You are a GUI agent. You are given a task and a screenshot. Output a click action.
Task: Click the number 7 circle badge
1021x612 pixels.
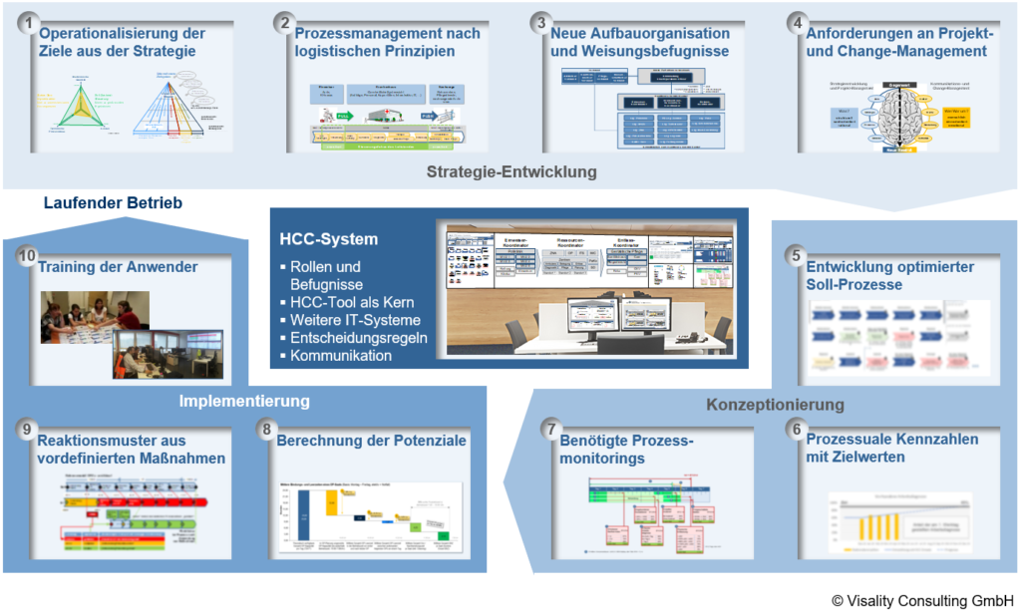coord(550,429)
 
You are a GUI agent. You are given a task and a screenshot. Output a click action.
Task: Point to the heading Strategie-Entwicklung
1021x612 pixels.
coord(511,171)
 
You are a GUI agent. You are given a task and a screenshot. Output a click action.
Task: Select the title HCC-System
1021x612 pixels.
coord(330,239)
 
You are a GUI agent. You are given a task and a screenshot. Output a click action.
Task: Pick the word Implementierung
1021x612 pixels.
coord(244,401)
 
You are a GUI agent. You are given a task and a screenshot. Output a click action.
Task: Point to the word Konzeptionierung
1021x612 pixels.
coord(776,405)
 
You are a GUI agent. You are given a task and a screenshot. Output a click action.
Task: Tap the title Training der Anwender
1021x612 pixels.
coord(118,266)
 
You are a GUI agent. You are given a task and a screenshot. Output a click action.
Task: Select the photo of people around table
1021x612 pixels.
coord(94,316)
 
